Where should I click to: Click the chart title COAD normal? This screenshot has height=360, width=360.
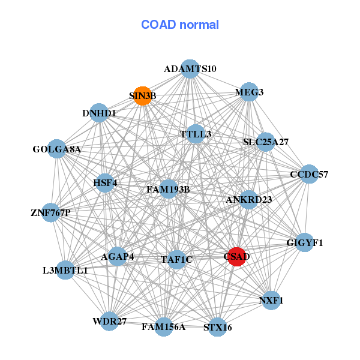[180, 25]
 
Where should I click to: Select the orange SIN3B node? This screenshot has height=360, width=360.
[142, 95]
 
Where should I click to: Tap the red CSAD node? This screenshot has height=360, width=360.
[236, 257]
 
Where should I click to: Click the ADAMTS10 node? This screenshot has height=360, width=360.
[190, 69]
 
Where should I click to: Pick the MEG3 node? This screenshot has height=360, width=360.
[249, 92]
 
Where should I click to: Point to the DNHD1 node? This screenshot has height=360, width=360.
[99, 113]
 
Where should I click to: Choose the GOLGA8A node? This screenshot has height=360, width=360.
[56, 149]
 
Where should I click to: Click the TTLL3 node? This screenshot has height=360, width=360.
[196, 134]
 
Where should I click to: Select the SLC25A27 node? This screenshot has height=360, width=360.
[266, 142]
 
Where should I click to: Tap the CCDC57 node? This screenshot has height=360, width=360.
[309, 175]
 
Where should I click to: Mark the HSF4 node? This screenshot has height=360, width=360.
[105, 182]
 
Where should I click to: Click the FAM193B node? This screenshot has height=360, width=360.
[169, 190]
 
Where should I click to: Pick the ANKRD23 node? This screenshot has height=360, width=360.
[249, 199]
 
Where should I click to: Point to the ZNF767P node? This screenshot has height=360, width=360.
[51, 212]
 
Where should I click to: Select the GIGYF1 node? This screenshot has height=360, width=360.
[305, 242]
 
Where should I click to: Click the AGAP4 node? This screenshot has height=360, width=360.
[118, 257]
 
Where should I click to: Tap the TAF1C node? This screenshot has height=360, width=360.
[176, 260]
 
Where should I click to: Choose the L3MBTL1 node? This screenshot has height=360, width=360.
[65, 270]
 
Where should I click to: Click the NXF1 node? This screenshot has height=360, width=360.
[271, 299]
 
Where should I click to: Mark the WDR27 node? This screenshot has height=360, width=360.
[110, 321]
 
